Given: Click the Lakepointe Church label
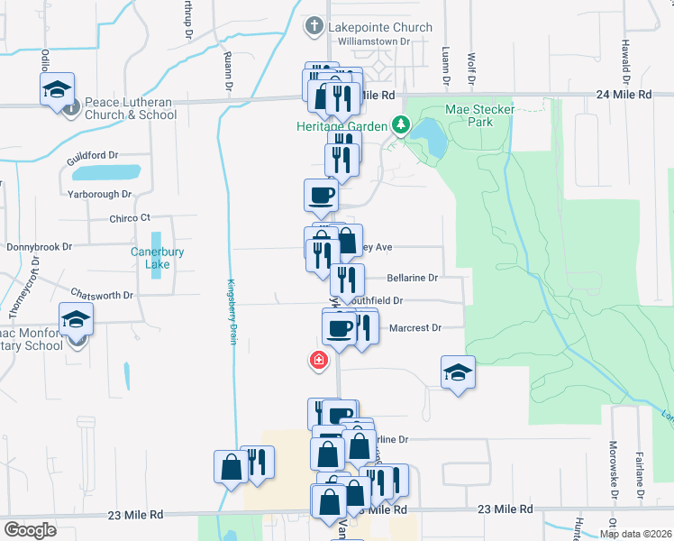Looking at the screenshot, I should (380, 27).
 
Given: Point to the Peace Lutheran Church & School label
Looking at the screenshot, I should (131, 108).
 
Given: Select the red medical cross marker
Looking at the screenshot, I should (318, 361).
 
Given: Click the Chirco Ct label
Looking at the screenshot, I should (129, 218).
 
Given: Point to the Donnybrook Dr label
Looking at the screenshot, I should (39, 245).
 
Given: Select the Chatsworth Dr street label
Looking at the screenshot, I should (102, 295).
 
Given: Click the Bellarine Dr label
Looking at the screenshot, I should (413, 278).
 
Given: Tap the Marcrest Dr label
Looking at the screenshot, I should (415, 328).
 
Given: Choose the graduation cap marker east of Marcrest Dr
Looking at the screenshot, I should (458, 372).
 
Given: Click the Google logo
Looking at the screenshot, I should (31, 530).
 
